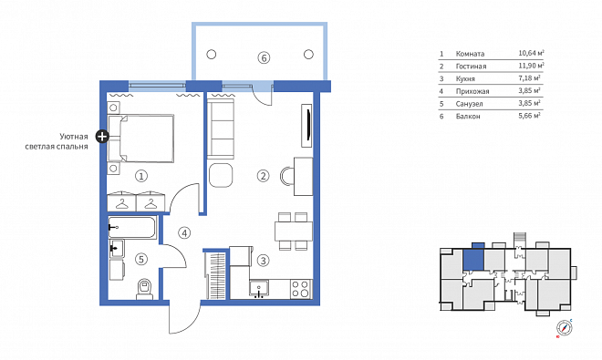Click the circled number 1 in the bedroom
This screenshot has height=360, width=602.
[x=141, y=176]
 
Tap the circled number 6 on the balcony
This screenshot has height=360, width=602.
[x=264, y=58]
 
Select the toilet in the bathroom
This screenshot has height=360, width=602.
[x=145, y=289]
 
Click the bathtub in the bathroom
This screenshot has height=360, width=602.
[x=132, y=228]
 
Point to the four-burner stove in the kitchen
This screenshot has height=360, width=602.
[x=300, y=289]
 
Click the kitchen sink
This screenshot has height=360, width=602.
[x=259, y=289]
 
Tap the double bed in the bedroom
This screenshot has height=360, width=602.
[x=140, y=139]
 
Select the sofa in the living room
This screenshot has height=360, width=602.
[x=221, y=129]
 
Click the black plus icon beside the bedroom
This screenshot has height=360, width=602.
[x=102, y=136]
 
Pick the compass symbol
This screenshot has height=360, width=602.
[x=565, y=328]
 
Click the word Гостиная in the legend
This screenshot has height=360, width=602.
[x=471, y=66]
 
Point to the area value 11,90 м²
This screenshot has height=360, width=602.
[x=532, y=66]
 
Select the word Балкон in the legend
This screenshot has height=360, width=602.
[x=468, y=117]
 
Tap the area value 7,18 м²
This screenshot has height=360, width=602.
[x=529, y=77]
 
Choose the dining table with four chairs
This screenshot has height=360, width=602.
[x=294, y=231]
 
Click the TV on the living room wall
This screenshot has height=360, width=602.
[x=307, y=125]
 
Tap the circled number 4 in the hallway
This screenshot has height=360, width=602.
[x=184, y=233]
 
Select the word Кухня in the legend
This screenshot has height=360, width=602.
[x=465, y=78]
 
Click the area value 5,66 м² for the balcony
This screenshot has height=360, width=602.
[x=529, y=116]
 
